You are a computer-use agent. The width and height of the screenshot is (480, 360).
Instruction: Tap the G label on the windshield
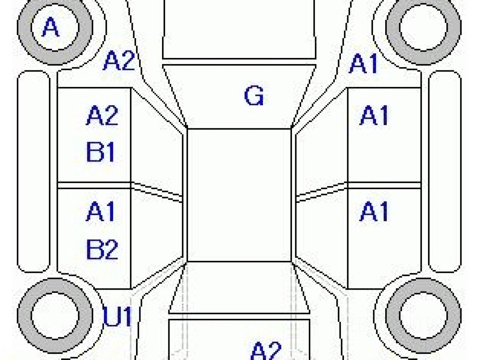(x=254, y=96)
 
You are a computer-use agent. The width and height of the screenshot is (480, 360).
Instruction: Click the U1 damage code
(x=118, y=317)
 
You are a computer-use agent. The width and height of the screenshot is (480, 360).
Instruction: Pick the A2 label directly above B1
(x=102, y=116)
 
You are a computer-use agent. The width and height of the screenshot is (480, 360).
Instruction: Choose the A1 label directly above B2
(x=101, y=212)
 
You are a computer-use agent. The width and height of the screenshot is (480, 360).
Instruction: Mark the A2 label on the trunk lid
(x=266, y=350)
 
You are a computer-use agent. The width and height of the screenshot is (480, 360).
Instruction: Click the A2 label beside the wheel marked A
(x=119, y=62)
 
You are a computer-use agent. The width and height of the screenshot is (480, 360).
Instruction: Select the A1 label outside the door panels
(x=364, y=64)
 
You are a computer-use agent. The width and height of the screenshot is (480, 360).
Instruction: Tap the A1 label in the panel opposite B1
(x=374, y=116)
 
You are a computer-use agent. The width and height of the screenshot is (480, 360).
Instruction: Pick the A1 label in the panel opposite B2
(x=374, y=212)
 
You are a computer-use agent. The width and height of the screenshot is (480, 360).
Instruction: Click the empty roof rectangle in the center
(x=239, y=195)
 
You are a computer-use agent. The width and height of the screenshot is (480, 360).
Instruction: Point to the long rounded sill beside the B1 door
(x=34, y=172)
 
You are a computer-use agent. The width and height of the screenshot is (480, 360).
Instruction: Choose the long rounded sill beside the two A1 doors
(x=445, y=172)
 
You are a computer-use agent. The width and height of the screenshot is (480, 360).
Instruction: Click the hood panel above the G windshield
(x=239, y=30)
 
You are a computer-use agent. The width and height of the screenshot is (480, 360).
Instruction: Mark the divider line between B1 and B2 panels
(x=95, y=185)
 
